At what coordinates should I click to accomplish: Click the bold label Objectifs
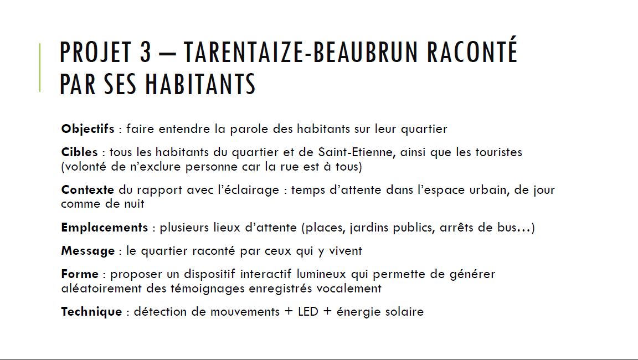(x=88, y=129)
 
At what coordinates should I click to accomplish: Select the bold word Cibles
(x=79, y=152)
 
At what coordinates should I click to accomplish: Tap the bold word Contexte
(x=88, y=190)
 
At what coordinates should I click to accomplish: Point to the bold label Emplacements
(x=104, y=228)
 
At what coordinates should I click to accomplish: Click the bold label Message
(x=88, y=251)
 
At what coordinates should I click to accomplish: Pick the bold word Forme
(x=79, y=274)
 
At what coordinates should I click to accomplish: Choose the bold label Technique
(x=91, y=312)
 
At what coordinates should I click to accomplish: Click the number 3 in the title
(x=145, y=53)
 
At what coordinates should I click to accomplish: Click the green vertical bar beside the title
(x=40, y=67)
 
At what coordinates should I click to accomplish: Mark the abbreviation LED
(x=308, y=312)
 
